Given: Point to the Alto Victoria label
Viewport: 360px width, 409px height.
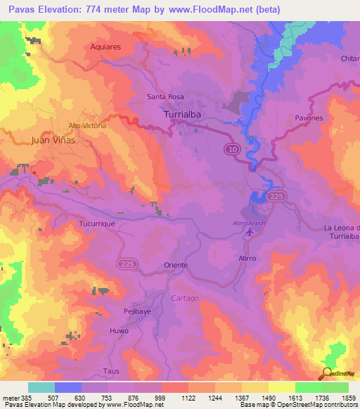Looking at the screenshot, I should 87,125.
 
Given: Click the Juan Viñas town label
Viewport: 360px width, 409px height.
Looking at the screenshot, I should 53,140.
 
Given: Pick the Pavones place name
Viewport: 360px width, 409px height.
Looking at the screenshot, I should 309,118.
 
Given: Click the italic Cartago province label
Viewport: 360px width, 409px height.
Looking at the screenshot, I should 185,298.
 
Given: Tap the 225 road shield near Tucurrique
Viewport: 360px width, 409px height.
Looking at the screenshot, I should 125,261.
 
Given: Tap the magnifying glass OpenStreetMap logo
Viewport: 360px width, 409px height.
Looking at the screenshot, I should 327,373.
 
